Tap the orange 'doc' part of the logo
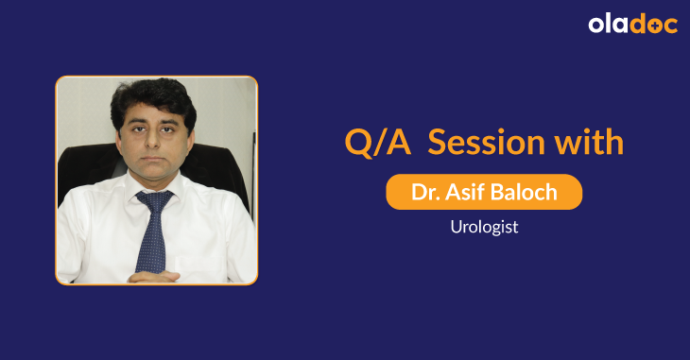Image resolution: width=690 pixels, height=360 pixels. [654, 26]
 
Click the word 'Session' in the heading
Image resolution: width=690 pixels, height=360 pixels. [488, 143]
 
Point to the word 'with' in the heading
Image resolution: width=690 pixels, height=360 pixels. [592, 143]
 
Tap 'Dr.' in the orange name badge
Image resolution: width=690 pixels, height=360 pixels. [423, 192]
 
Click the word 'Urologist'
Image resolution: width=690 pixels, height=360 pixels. [483, 228]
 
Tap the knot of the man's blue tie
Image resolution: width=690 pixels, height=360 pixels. [155, 200]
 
